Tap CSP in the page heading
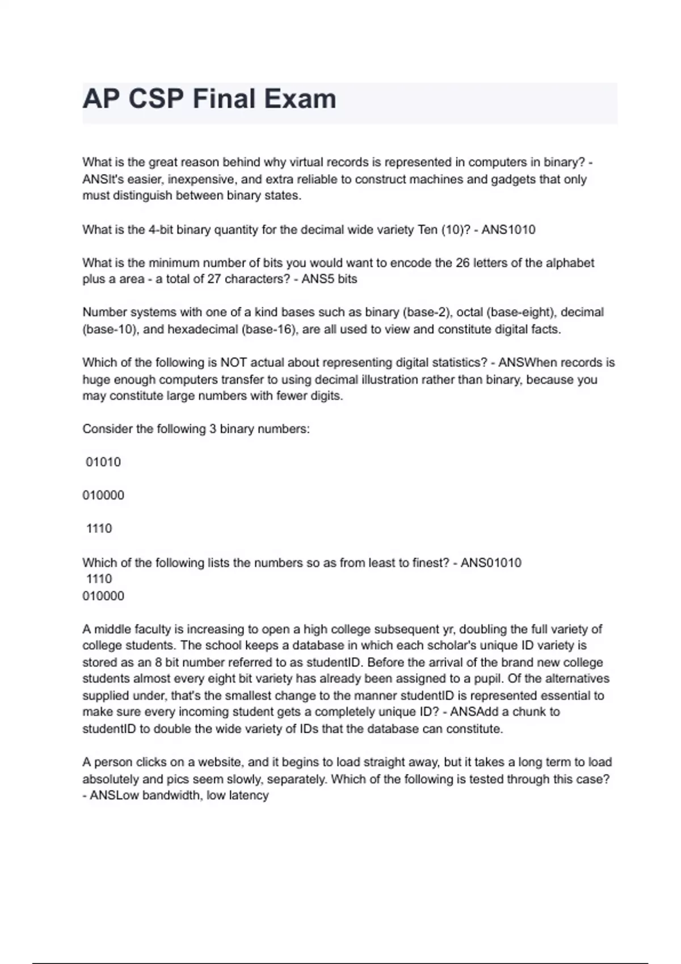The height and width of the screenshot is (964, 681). pyautogui.click(x=155, y=99)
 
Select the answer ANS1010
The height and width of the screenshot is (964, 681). pyautogui.click(x=508, y=230)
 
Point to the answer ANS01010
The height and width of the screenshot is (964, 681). pyautogui.click(x=491, y=563)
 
